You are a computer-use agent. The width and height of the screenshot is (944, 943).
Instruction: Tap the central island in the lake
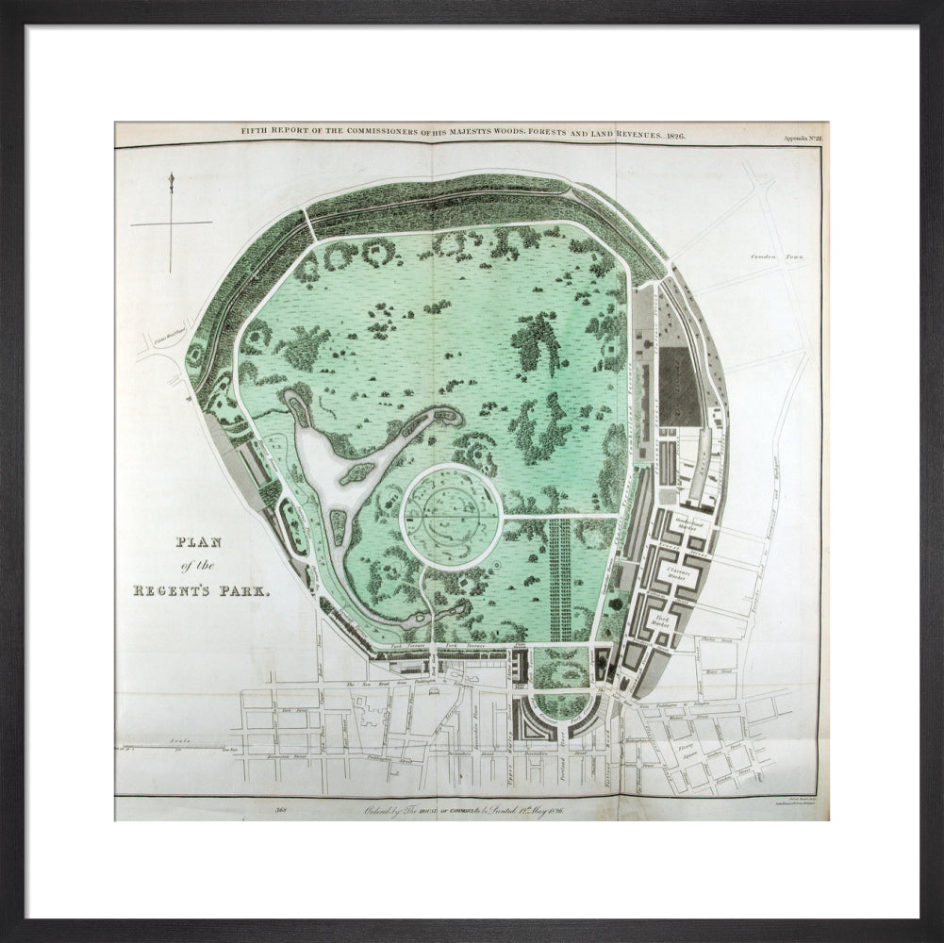[357, 473]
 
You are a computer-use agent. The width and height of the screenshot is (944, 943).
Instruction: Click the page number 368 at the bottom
[280, 808]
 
